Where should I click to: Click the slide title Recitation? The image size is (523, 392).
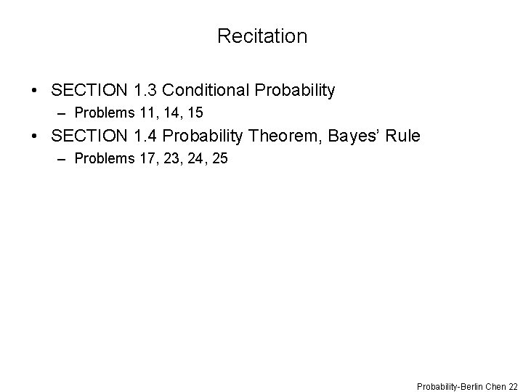click(261, 36)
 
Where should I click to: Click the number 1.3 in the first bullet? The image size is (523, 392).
click(146, 91)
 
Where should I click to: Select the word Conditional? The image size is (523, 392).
click(206, 91)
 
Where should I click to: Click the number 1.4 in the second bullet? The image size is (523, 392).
click(146, 136)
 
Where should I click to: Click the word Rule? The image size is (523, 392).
click(402, 136)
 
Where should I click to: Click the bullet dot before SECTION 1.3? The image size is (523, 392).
click(35, 91)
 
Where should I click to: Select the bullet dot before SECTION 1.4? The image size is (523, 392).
click(35, 136)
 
